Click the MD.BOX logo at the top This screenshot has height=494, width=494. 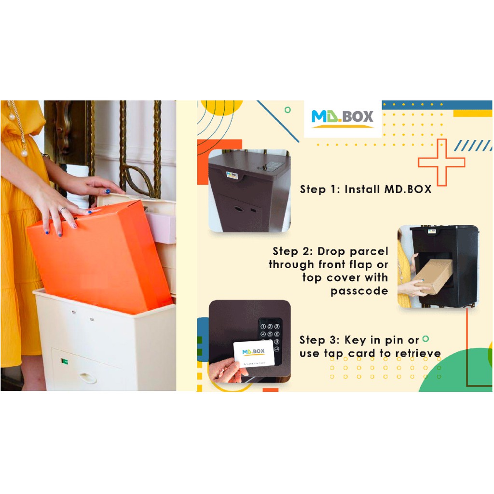point(342,119)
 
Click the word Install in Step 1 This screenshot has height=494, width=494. point(362,189)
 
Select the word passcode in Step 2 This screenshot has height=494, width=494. point(359,291)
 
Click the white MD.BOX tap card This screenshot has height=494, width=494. point(254,353)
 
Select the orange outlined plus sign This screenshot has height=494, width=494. point(441,162)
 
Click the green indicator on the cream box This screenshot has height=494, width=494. point(65,361)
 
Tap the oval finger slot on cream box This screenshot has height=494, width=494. point(88,377)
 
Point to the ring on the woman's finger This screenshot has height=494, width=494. point(63,209)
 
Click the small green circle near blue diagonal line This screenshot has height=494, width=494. point(288,110)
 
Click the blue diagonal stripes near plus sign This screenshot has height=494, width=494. point(473,146)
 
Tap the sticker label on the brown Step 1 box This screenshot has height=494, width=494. point(232,175)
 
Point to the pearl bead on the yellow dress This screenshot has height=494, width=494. point(24,153)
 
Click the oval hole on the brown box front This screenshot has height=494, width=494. point(238,208)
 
